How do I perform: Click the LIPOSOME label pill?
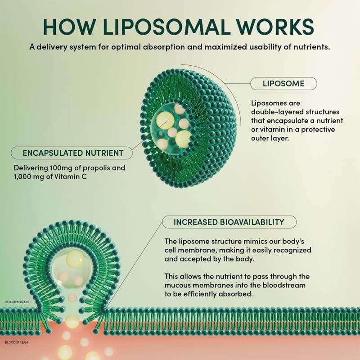(x=283, y=84)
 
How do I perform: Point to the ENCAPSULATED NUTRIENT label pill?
(x=73, y=153)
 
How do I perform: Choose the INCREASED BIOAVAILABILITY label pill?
(x=229, y=222)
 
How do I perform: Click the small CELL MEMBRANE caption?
(x=17, y=302)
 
